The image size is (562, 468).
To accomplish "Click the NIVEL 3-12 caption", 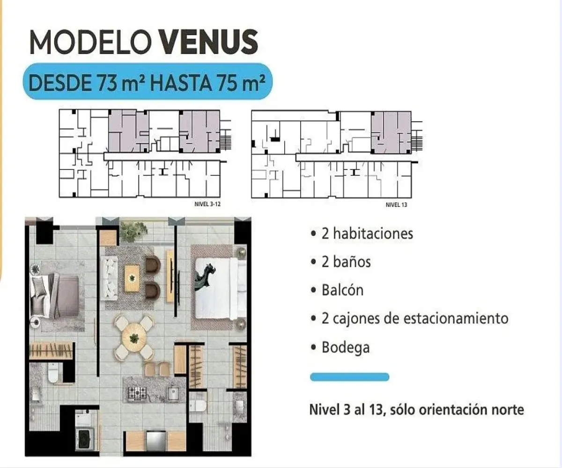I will pyautogui.click(x=207, y=204).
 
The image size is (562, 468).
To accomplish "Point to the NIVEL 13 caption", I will pyautogui.click(x=396, y=205).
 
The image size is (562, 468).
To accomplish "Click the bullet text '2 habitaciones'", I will pyautogui.click(x=367, y=233).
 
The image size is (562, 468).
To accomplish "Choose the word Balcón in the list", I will pyautogui.click(x=342, y=290).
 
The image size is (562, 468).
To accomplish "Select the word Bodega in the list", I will pyautogui.click(x=346, y=347).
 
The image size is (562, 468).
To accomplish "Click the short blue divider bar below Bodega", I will pyautogui.click(x=349, y=377).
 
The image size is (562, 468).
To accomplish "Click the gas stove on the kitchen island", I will pyautogui.click(x=137, y=392).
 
